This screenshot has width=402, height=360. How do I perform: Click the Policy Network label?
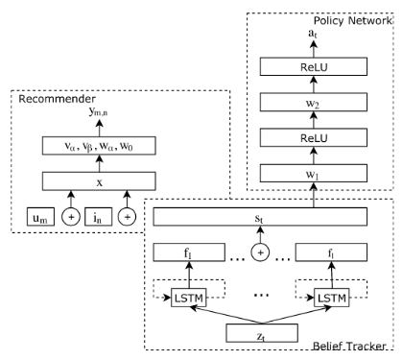pos(348,21)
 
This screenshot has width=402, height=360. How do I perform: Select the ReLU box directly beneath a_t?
pos(312,66)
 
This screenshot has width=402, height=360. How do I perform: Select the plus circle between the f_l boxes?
pos(260,253)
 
